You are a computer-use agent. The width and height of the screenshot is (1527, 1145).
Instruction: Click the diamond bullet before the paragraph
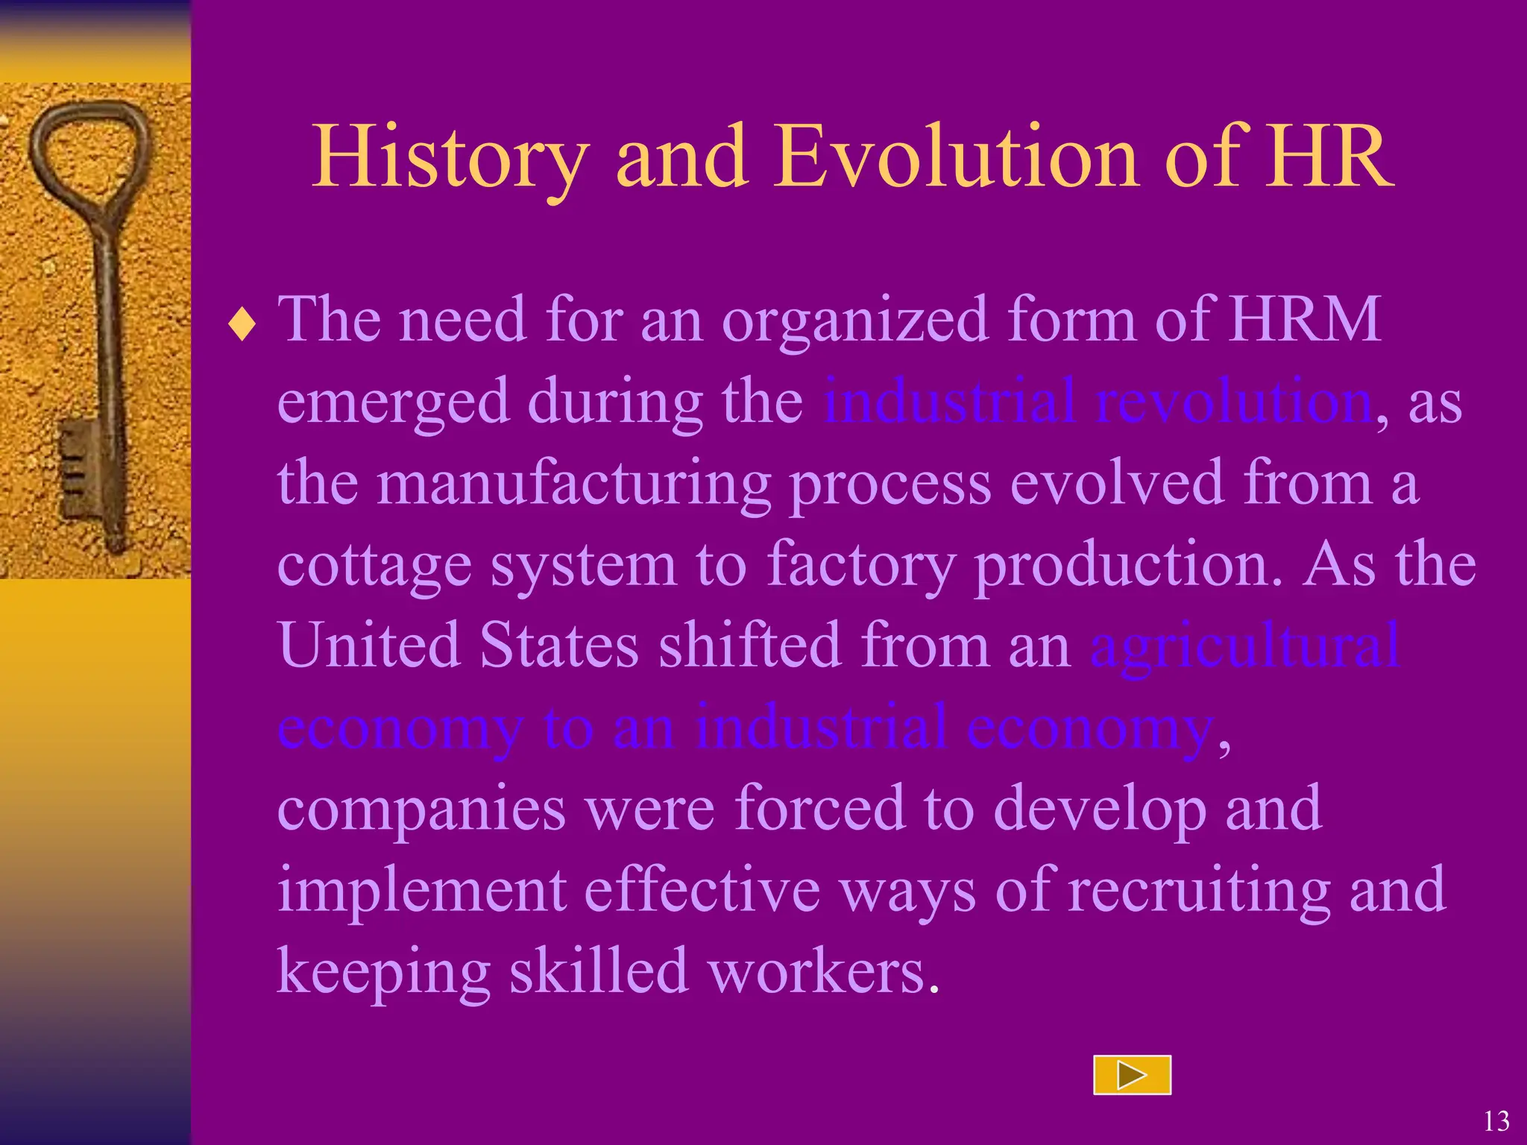(242, 326)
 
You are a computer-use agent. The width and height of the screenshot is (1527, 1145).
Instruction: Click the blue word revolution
(1234, 401)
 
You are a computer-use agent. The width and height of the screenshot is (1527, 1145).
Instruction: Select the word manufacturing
(574, 483)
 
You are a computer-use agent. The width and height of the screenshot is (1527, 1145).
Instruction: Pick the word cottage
(374, 565)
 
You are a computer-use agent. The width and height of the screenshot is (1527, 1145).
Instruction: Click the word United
(369, 646)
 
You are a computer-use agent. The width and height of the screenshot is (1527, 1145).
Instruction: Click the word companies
(421, 809)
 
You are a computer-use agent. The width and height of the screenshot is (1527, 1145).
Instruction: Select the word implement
(421, 891)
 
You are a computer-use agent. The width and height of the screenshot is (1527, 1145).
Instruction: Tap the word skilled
(599, 971)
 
